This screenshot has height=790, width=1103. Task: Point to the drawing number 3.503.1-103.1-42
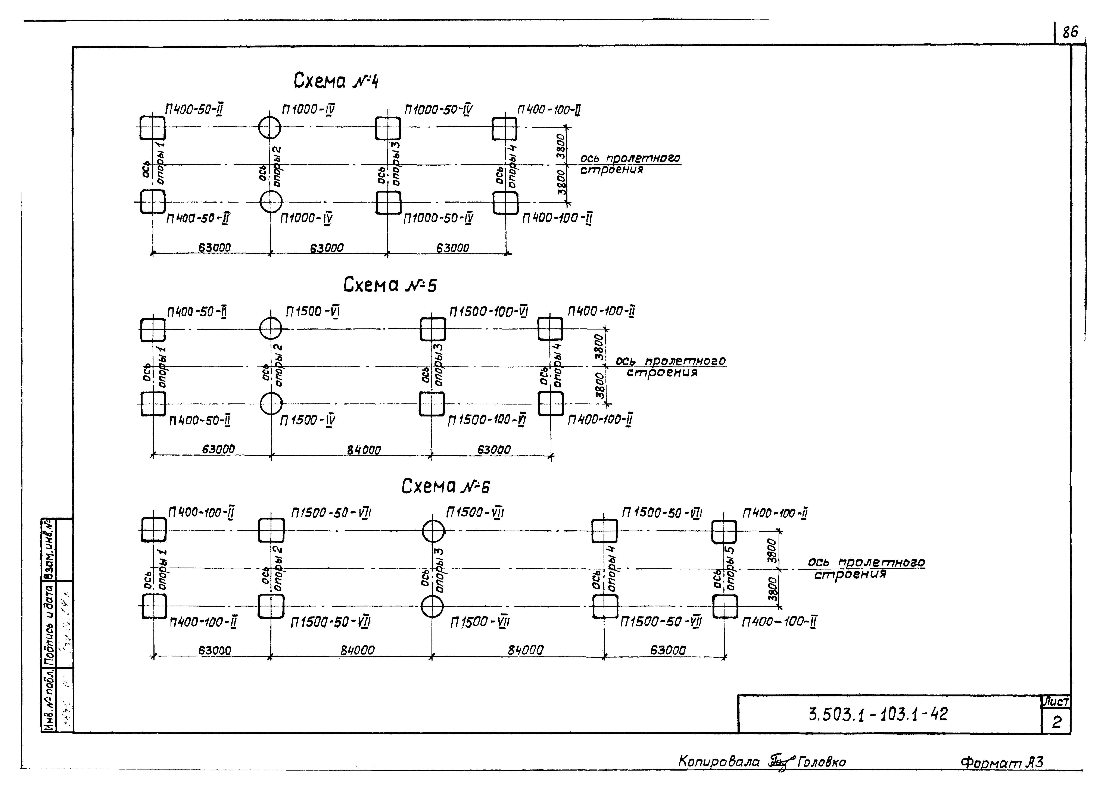coord(878,714)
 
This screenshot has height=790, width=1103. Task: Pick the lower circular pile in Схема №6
coord(432,606)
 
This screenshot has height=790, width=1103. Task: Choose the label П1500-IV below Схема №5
coord(307,420)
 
